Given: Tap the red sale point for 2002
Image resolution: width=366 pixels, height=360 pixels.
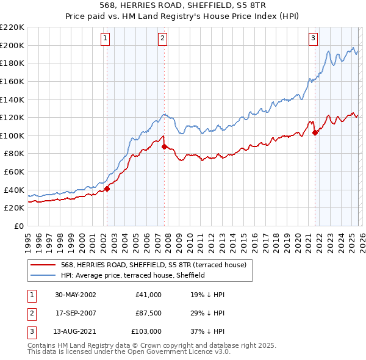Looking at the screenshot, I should [x=107, y=189].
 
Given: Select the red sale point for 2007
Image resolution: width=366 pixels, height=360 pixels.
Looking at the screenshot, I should [x=164, y=146].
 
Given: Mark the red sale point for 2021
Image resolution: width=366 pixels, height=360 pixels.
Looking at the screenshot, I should [x=315, y=132].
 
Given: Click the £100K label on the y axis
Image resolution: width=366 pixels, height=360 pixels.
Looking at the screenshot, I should [x=12, y=135].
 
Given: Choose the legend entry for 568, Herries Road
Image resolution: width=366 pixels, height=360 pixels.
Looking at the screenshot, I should [x=153, y=265].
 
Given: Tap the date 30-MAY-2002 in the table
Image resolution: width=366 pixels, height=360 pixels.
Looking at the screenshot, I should [x=76, y=295].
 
